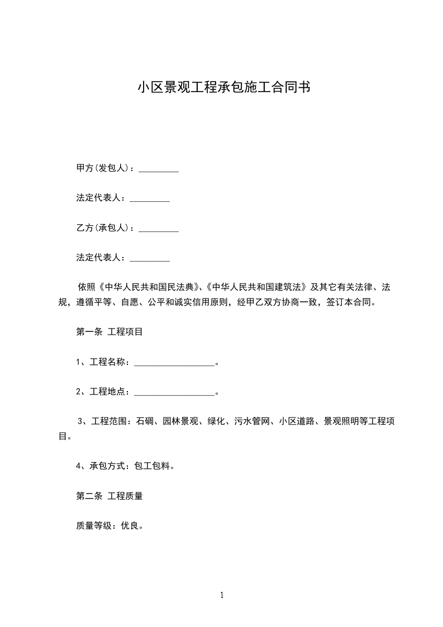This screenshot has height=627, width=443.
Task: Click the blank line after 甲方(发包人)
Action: pos(158,170)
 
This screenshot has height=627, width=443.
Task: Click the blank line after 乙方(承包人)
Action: pos(158,229)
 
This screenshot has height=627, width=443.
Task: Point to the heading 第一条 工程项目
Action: pos(109,331)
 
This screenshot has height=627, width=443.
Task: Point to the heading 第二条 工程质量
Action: pos(109,496)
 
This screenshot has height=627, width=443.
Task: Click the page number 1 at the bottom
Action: pos(222,595)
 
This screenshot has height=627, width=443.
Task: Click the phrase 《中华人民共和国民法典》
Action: pos(147,287)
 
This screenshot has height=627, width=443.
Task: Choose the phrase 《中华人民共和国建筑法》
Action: pos(256,287)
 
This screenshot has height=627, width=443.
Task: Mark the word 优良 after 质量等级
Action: pos(130,525)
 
